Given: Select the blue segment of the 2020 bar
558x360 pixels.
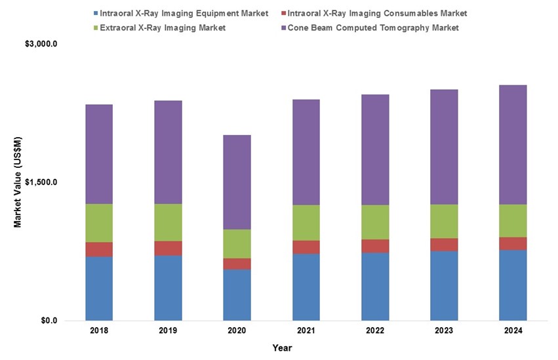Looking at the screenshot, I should pyautogui.click(x=237, y=294).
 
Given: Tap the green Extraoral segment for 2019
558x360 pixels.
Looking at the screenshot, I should pyautogui.click(x=168, y=222).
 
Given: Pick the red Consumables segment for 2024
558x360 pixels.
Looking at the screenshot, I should pyautogui.click(x=513, y=243).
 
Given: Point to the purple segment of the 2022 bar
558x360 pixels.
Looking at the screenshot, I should pyautogui.click(x=375, y=150).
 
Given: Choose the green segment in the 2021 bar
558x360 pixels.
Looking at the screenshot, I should pyautogui.click(x=306, y=223).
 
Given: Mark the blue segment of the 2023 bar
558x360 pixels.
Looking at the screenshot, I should pyautogui.click(x=444, y=285).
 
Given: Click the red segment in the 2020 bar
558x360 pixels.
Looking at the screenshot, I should pyautogui.click(x=237, y=264).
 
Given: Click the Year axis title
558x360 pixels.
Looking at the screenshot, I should pyautogui.click(x=283, y=348).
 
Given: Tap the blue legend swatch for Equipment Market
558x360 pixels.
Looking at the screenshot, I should pyautogui.click(x=96, y=13).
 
